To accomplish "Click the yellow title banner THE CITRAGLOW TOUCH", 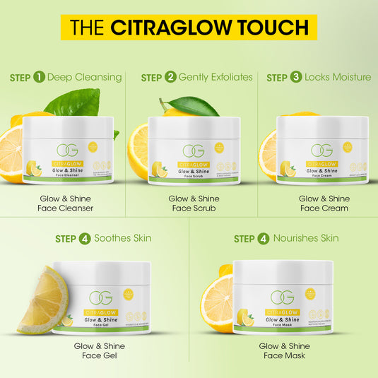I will pos(189,28).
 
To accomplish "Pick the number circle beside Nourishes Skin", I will pos(264,239).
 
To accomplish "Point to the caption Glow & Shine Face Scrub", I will pos(194,203).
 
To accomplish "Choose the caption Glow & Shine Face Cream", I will pos(323,203).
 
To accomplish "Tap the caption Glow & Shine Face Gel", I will pos(99,350).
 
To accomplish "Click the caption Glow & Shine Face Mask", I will pos(284,350).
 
